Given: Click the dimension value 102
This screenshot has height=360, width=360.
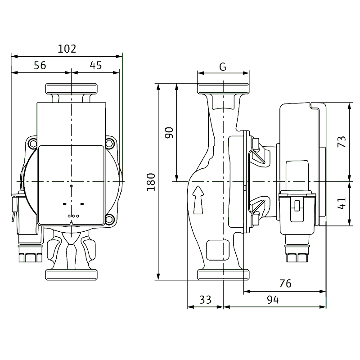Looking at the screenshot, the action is pyautogui.click(x=67, y=49).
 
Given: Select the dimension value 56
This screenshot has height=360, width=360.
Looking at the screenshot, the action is pyautogui.click(x=40, y=65).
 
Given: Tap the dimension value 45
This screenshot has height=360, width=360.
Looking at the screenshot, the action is pyautogui.click(x=96, y=65).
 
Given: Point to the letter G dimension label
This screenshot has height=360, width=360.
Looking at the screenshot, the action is pyautogui.click(x=223, y=67).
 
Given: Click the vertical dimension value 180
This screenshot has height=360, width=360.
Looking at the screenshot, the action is pyautogui.click(x=151, y=182).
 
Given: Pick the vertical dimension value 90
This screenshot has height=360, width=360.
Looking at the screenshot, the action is pyautogui.click(x=169, y=132).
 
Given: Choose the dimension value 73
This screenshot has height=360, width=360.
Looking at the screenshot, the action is pyautogui.click(x=342, y=142).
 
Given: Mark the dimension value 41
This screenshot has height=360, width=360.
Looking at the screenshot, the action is pyautogui.click(x=342, y=203).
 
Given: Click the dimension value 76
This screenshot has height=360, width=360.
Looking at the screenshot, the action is pyautogui.click(x=285, y=283).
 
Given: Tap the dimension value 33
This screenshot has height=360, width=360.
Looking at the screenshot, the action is pyautogui.click(x=205, y=300).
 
